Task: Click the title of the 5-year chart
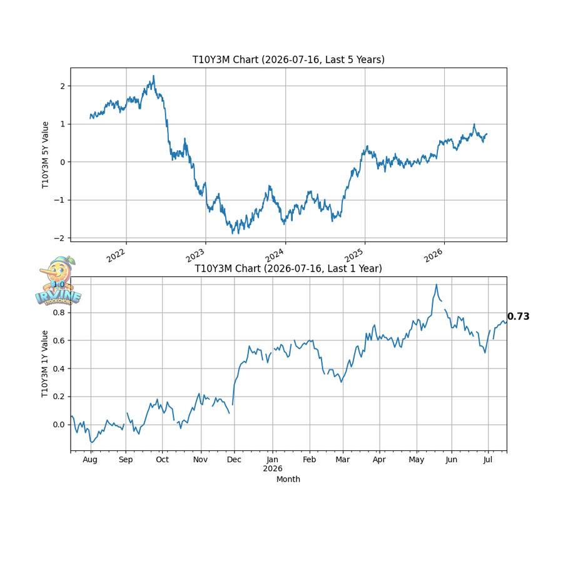[288, 59]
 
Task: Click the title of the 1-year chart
[288, 268]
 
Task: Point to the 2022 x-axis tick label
[116, 255]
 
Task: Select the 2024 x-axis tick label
[275, 255]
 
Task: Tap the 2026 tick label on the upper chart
[433, 255]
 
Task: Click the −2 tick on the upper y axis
[60, 238]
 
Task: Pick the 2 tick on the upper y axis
[63, 86]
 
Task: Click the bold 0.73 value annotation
[518, 317]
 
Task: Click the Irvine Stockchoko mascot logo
[59, 281]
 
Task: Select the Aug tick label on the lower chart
[89, 460]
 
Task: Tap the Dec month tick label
[234, 460]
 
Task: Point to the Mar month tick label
[343, 460]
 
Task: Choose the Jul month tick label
[487, 460]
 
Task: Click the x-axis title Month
[288, 479]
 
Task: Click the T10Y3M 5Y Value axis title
[45, 155]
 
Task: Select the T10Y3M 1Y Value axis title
[44, 363]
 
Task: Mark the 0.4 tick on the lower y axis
[59, 368]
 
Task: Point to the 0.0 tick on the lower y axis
[59, 425]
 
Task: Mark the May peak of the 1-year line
[436, 285]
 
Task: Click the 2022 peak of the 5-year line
[154, 76]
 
